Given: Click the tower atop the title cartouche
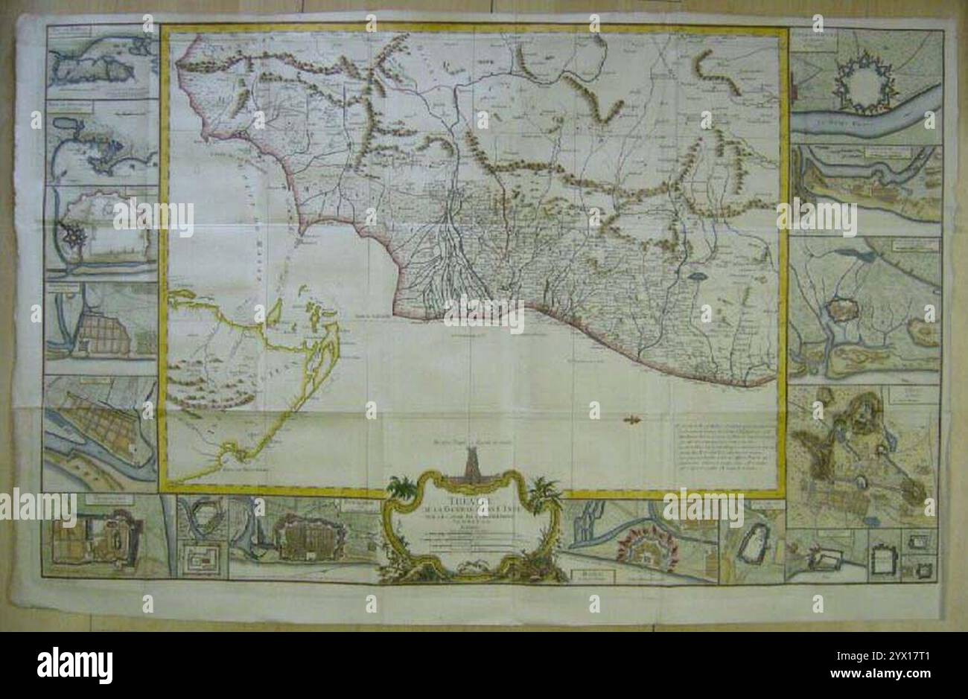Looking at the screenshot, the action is click(472, 465).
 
